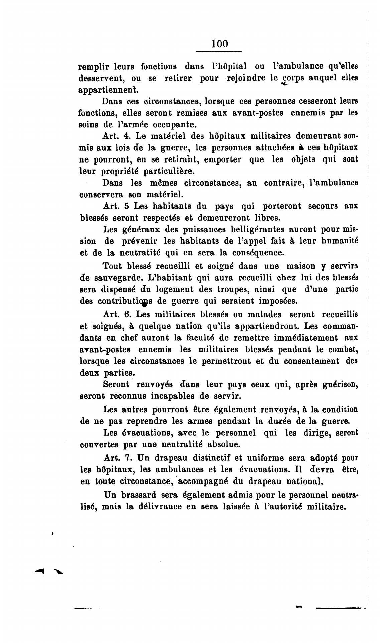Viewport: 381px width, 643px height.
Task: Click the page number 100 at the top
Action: pos(220,44)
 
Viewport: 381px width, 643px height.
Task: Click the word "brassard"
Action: pos(140,494)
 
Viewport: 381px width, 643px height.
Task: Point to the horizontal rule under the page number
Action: pos(218,52)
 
